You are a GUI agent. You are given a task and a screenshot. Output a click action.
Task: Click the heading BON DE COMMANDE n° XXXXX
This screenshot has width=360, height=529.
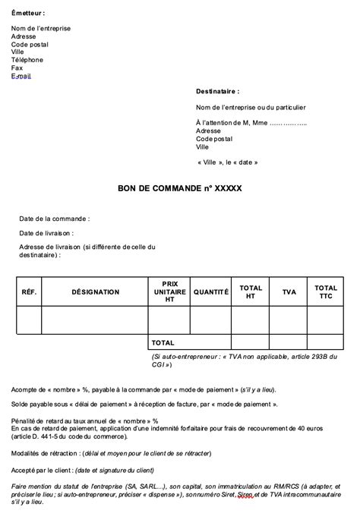[180, 188]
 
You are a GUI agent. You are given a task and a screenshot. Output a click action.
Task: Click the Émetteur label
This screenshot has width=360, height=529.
[28, 14]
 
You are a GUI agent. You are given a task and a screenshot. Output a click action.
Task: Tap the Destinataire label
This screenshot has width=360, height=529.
[217, 90]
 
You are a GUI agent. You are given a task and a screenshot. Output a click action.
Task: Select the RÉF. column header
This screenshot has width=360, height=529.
[29, 292]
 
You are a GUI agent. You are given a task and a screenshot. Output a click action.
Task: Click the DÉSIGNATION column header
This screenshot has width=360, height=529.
[95, 292]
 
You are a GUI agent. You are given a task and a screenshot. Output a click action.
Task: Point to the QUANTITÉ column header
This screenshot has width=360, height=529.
[210, 292]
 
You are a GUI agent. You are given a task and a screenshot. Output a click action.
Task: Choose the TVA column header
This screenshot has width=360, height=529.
[289, 292]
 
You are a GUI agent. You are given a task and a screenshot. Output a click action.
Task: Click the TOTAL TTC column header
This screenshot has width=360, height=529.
[327, 292]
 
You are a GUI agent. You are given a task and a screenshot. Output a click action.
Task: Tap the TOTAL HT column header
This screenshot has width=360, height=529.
[251, 292]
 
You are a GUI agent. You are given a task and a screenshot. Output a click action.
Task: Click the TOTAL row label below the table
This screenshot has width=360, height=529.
[163, 343]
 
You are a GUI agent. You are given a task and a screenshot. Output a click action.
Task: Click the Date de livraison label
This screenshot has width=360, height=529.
[46, 233]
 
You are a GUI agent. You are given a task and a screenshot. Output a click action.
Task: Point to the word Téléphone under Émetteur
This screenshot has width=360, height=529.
[27, 59]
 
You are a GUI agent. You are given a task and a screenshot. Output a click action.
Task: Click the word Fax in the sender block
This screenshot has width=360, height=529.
[17, 68]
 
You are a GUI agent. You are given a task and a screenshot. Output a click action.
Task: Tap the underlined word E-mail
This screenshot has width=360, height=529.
[21, 76]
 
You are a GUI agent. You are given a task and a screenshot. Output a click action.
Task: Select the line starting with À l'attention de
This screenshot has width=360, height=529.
[251, 123]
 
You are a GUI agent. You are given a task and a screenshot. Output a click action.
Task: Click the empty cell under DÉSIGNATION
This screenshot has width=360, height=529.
[95, 320]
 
